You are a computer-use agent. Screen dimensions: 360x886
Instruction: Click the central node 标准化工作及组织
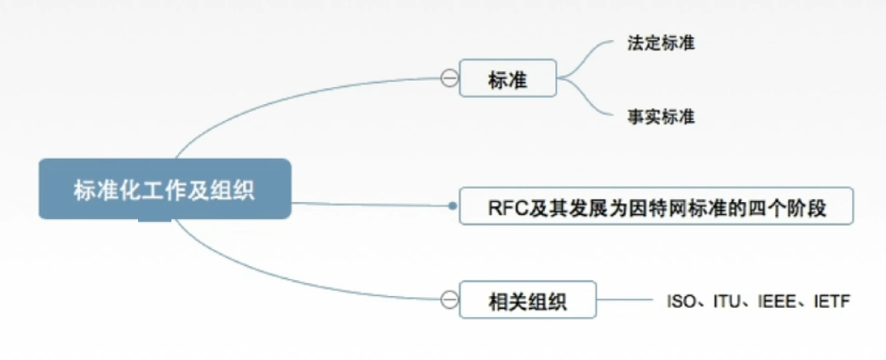pyautogui.click(x=164, y=189)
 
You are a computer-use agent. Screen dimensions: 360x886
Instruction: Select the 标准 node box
pyautogui.click(x=507, y=80)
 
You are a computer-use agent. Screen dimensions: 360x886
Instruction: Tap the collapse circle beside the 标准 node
pyautogui.click(x=449, y=79)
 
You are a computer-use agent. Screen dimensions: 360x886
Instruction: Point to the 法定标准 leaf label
pyautogui.click(x=659, y=43)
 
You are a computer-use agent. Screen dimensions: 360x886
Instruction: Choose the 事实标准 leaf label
pyautogui.click(x=659, y=117)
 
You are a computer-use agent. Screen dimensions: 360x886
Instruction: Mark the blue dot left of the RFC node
pyautogui.click(x=453, y=206)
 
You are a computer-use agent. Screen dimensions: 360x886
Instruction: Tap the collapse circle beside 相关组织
pyautogui.click(x=449, y=299)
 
